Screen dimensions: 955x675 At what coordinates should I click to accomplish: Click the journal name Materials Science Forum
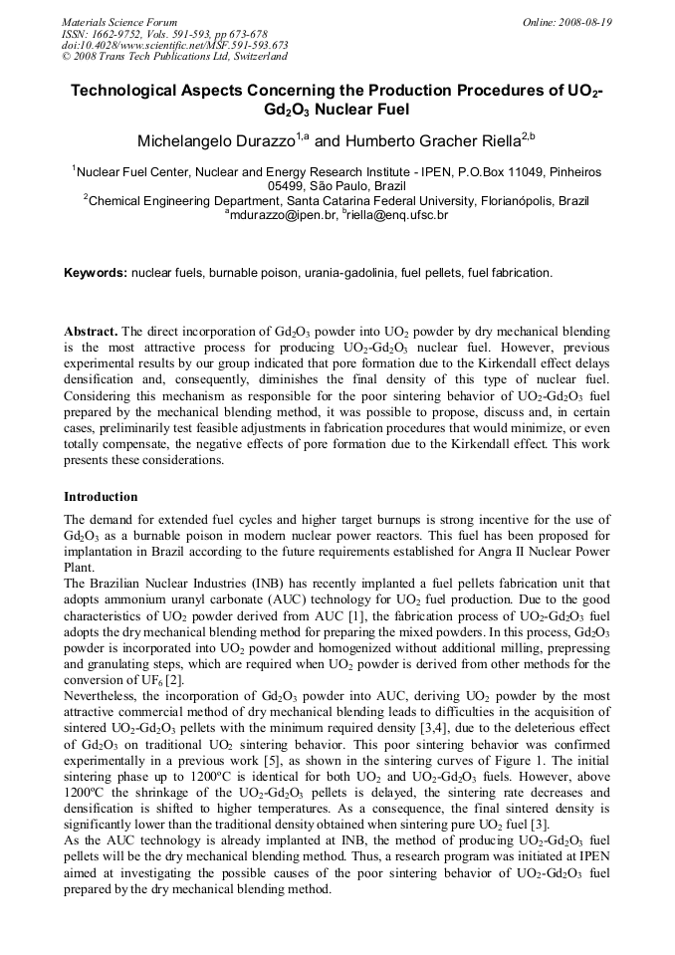(x=119, y=22)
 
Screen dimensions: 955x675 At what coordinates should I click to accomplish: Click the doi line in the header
(x=174, y=46)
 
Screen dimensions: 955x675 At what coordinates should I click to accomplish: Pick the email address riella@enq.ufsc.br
(x=398, y=214)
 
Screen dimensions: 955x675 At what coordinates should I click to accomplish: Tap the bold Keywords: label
(x=96, y=272)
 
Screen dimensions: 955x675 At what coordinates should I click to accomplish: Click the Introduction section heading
(x=101, y=496)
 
